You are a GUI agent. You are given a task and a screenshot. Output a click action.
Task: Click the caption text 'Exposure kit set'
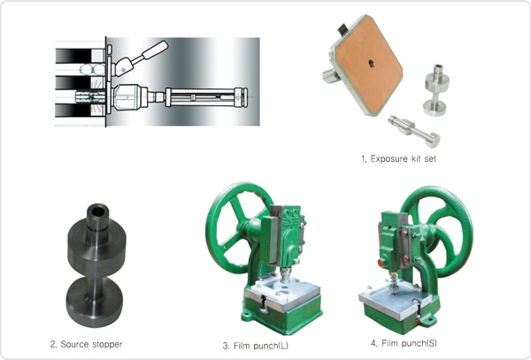(x=403, y=158)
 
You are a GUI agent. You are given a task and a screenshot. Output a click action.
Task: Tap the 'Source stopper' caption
(x=91, y=344)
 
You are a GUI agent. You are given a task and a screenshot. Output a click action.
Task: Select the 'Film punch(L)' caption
(x=261, y=346)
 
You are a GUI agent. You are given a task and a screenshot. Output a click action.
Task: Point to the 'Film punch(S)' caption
(x=409, y=343)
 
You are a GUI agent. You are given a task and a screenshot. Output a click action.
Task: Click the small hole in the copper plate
(x=372, y=63)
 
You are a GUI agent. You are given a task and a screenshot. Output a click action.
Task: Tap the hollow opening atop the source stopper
(x=98, y=211)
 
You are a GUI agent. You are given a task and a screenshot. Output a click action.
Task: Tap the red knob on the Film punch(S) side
(x=381, y=263)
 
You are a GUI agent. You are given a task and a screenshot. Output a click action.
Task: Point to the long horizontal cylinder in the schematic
(x=206, y=97)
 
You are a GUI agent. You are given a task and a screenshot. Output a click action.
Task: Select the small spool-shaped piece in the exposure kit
(x=435, y=90)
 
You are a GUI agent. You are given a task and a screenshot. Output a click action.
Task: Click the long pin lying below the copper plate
(x=414, y=131)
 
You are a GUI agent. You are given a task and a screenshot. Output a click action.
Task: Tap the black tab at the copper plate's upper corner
(x=342, y=29)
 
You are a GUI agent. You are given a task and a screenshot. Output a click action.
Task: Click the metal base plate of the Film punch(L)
(x=283, y=294)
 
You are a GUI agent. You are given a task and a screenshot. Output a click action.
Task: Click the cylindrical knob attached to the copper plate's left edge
(x=330, y=76)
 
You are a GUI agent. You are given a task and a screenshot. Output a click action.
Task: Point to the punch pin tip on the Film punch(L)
(x=286, y=277)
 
